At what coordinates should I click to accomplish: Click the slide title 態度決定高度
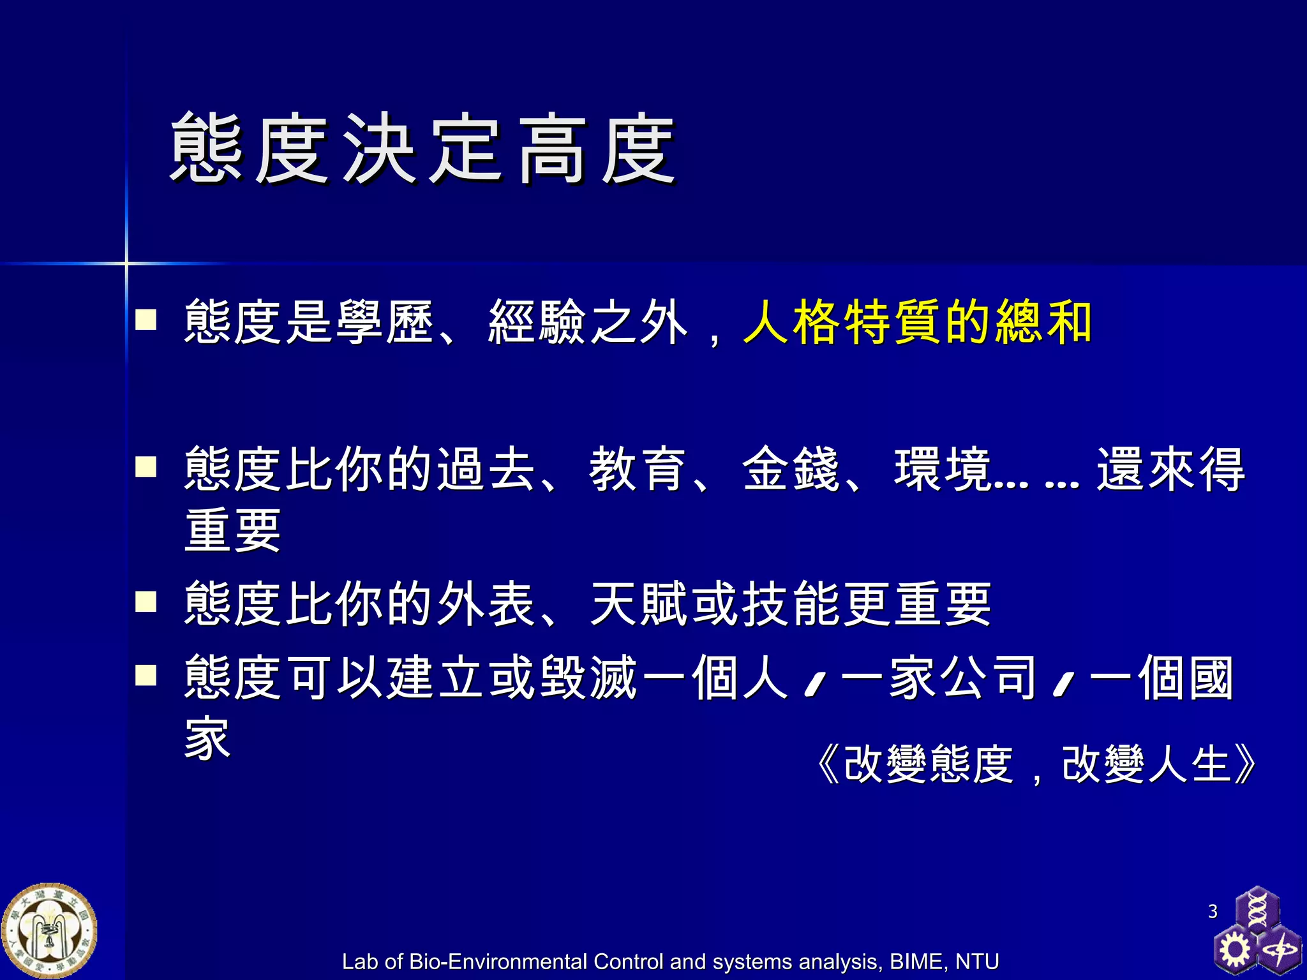coord(422,149)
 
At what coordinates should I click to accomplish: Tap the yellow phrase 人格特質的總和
coord(918,322)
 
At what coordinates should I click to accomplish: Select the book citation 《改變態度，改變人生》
coord(1036,764)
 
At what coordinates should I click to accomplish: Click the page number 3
coord(1213,911)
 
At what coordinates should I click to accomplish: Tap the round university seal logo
coord(50,931)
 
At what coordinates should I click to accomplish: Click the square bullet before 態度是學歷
coord(146,319)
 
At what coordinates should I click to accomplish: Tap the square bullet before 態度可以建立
coord(146,675)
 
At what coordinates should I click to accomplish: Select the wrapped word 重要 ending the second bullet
coord(233,531)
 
